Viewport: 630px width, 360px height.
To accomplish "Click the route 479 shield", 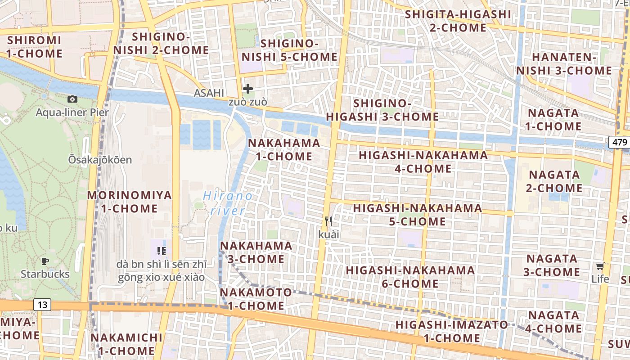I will pos(620,142).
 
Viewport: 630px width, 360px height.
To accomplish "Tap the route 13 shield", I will pos(42,305).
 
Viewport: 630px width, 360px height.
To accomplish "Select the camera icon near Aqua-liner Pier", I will pos(72,99).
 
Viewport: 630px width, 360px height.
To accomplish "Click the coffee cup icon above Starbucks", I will pos(45,261).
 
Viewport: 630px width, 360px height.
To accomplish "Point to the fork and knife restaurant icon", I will pos(328,221).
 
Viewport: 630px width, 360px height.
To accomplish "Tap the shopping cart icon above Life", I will pos(600,265).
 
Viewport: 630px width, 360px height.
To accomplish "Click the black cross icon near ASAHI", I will pos(247,89).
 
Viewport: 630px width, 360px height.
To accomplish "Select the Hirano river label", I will pos(228,203).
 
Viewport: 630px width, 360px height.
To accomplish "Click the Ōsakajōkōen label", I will pos(100,160).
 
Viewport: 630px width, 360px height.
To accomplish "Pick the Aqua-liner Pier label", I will pos(72,112).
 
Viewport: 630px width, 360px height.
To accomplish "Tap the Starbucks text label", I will pos(45,274).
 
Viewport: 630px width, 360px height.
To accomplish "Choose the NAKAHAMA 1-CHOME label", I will pos(284,150).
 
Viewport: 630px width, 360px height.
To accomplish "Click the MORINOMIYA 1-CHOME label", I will pos(130,202).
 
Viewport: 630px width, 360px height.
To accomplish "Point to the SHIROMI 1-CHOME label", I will pos(35,47).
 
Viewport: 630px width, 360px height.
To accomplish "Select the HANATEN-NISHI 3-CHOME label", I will pos(564,64).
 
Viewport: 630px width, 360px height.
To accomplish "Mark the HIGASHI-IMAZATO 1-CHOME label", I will pos(451,331).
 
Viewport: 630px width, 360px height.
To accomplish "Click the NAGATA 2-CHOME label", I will pos(554,181).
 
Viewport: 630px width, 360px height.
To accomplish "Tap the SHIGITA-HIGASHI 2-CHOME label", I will pos(458,21).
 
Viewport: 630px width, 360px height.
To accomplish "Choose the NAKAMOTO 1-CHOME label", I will pos(256,299).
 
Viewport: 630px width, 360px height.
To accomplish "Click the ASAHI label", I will pos(209,93).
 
